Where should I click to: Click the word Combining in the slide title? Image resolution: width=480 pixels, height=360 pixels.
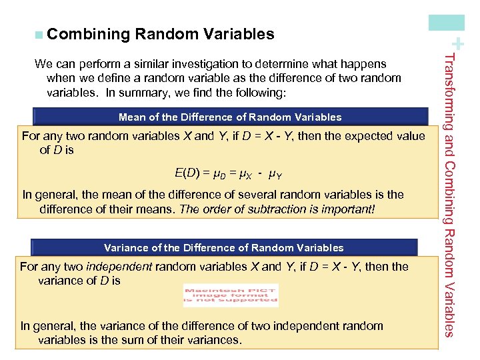(x=87, y=34)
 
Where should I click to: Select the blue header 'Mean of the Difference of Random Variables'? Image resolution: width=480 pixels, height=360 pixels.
(x=229, y=117)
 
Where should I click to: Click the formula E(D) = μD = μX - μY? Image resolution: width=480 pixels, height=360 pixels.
(x=228, y=174)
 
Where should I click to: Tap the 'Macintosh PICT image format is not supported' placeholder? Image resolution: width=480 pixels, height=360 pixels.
(x=231, y=295)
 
